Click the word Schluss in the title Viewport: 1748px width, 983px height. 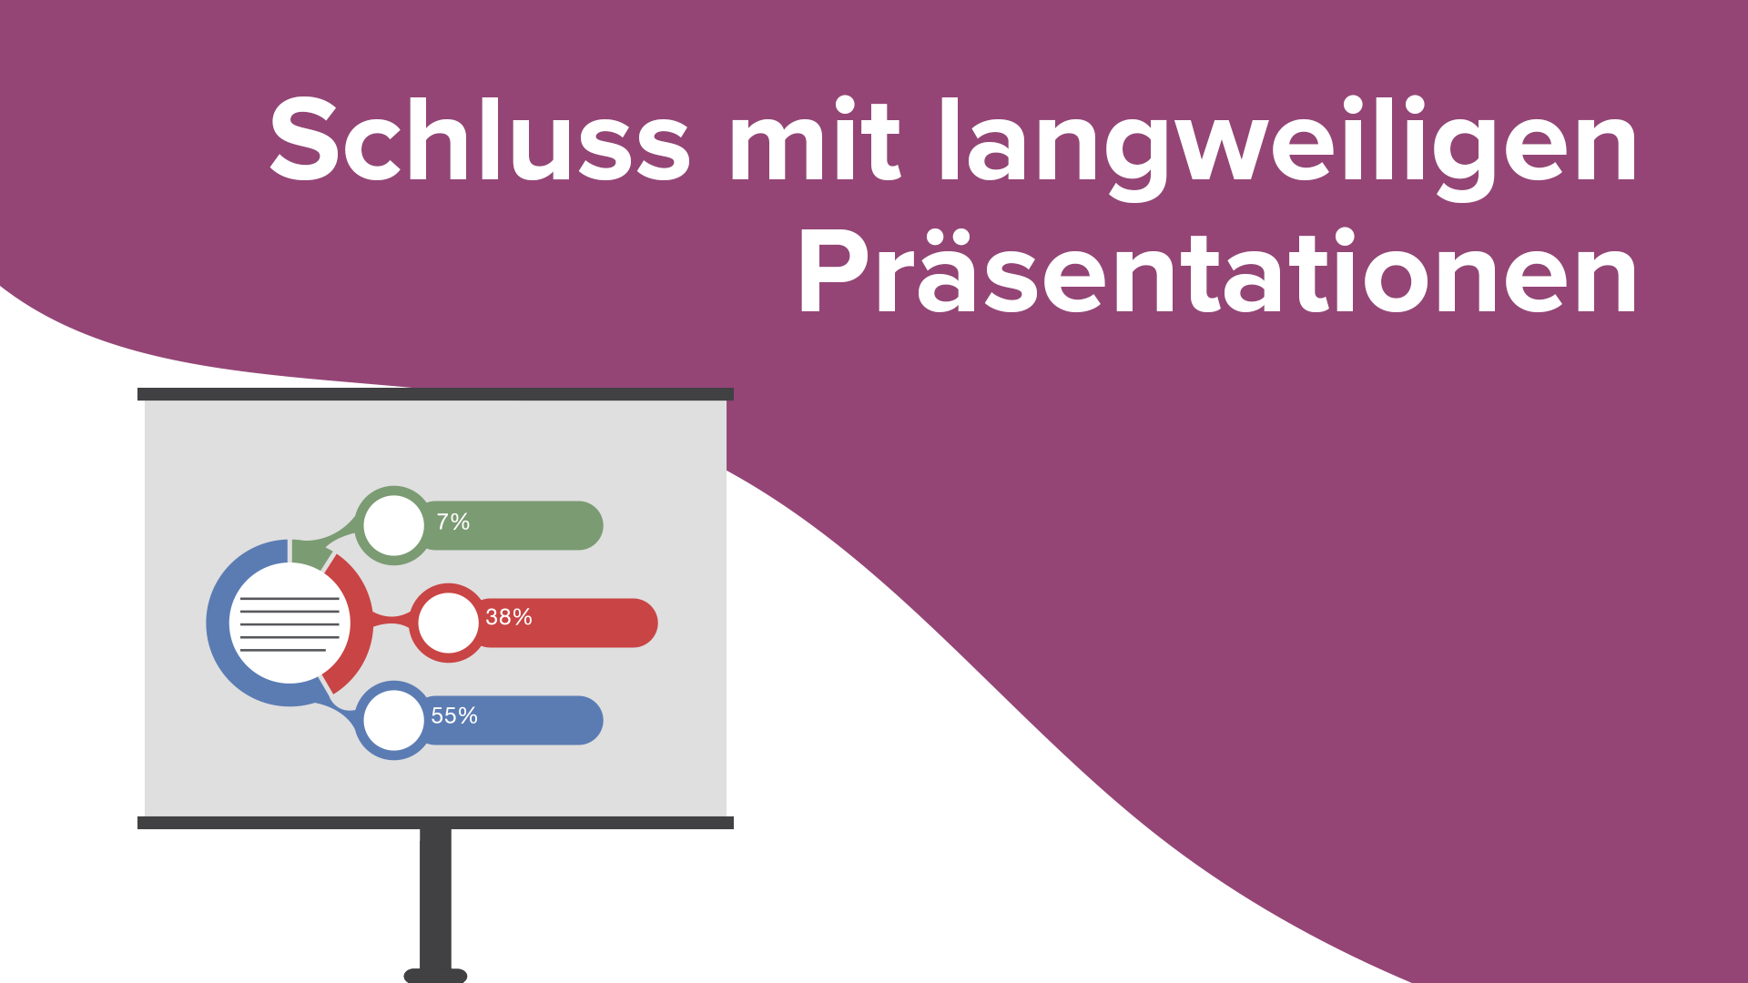click(x=480, y=141)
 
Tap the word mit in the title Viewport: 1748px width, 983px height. click(x=814, y=141)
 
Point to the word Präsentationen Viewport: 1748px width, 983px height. click(x=1217, y=274)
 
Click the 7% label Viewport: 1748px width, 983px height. click(x=452, y=522)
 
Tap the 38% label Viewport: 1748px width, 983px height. click(x=508, y=618)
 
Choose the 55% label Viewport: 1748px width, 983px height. click(x=453, y=716)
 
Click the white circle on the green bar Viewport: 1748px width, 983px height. click(x=393, y=525)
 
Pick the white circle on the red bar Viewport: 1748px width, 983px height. click(x=448, y=623)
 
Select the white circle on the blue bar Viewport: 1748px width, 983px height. click(x=393, y=720)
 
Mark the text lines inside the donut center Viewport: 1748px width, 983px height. click(x=289, y=624)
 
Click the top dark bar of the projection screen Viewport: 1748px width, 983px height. click(x=435, y=394)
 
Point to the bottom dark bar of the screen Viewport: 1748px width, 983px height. click(x=435, y=823)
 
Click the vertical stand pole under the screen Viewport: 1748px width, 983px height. click(x=435, y=897)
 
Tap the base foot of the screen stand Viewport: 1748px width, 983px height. click(x=435, y=976)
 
